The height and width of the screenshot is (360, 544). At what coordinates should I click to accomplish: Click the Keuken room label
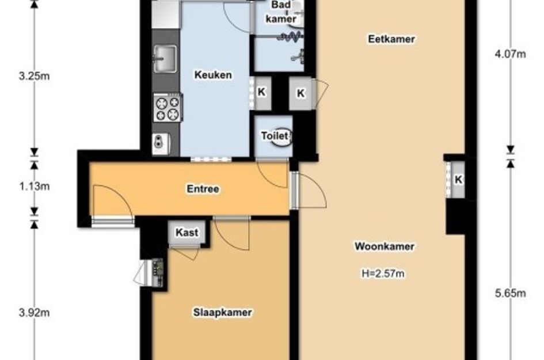tap(213, 75)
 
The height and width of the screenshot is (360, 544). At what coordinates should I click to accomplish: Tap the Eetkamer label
tap(391, 39)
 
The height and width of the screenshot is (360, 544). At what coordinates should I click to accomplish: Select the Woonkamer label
tap(385, 247)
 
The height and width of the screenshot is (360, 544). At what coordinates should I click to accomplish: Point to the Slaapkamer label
tap(222, 312)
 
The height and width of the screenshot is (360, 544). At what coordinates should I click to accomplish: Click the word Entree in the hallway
tap(203, 189)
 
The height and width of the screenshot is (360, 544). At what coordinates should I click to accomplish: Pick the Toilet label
tap(275, 136)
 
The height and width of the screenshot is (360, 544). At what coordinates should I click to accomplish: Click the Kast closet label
tap(187, 232)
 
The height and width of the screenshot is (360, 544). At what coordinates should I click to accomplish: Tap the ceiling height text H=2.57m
tap(383, 274)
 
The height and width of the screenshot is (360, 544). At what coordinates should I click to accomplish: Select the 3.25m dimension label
tap(35, 76)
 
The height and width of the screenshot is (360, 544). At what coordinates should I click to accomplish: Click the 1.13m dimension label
tap(35, 187)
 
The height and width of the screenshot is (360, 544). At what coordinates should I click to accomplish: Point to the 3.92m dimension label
tap(35, 313)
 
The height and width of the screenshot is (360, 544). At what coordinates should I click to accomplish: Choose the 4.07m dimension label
tap(511, 54)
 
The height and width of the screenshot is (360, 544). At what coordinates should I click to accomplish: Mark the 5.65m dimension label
tap(511, 293)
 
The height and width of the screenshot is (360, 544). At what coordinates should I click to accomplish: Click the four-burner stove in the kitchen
tap(168, 108)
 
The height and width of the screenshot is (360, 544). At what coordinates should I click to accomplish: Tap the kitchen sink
tap(165, 59)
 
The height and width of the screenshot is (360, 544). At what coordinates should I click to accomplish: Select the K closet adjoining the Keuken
tap(261, 92)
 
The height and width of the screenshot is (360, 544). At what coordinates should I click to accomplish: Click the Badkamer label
tap(281, 12)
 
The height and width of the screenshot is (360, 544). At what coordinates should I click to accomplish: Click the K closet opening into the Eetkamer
tap(301, 93)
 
